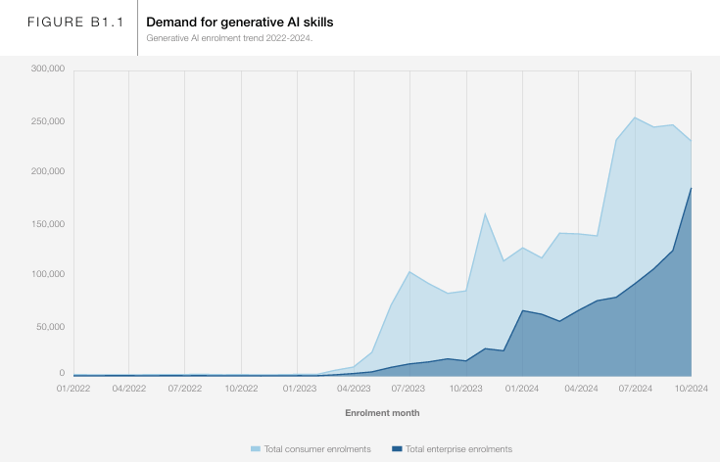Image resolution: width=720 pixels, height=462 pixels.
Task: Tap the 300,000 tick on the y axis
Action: pyautogui.click(x=47, y=69)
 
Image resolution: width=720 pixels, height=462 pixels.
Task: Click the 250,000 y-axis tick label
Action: pyautogui.click(x=47, y=121)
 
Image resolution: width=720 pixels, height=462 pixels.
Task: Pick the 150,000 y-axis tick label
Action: pyautogui.click(x=47, y=224)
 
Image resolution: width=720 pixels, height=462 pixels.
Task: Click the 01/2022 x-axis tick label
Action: pyautogui.click(x=73, y=388)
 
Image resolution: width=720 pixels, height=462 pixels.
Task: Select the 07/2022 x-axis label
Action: pyautogui.click(x=185, y=388)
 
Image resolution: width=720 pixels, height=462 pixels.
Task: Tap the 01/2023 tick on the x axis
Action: pyautogui.click(x=298, y=388)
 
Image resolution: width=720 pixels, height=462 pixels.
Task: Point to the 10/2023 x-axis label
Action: pyautogui.click(x=466, y=388)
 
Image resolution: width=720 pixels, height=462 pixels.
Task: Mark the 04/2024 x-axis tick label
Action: pyautogui.click(x=578, y=388)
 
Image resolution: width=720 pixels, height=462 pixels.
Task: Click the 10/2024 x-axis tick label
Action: pyautogui.click(x=691, y=388)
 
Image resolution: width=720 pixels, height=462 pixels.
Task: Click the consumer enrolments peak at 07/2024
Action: pyautogui.click(x=635, y=117)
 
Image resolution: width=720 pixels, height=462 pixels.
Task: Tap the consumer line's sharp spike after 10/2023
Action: pyautogui.click(x=485, y=213)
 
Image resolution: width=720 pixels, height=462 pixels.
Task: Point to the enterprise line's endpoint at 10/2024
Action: pyautogui.click(x=691, y=188)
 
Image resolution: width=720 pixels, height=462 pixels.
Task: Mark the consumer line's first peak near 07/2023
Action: pyautogui.click(x=409, y=272)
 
